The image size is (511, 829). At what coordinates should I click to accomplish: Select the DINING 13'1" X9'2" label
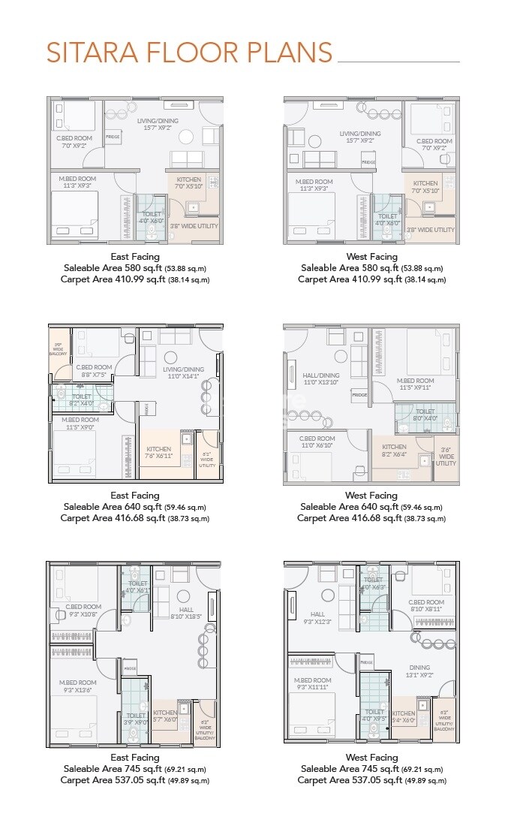click(419, 671)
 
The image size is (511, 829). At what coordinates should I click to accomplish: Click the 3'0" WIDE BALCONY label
click(58, 349)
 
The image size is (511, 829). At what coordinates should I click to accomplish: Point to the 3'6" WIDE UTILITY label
click(446, 456)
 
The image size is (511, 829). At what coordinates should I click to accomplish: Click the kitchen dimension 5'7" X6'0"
click(165, 719)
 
